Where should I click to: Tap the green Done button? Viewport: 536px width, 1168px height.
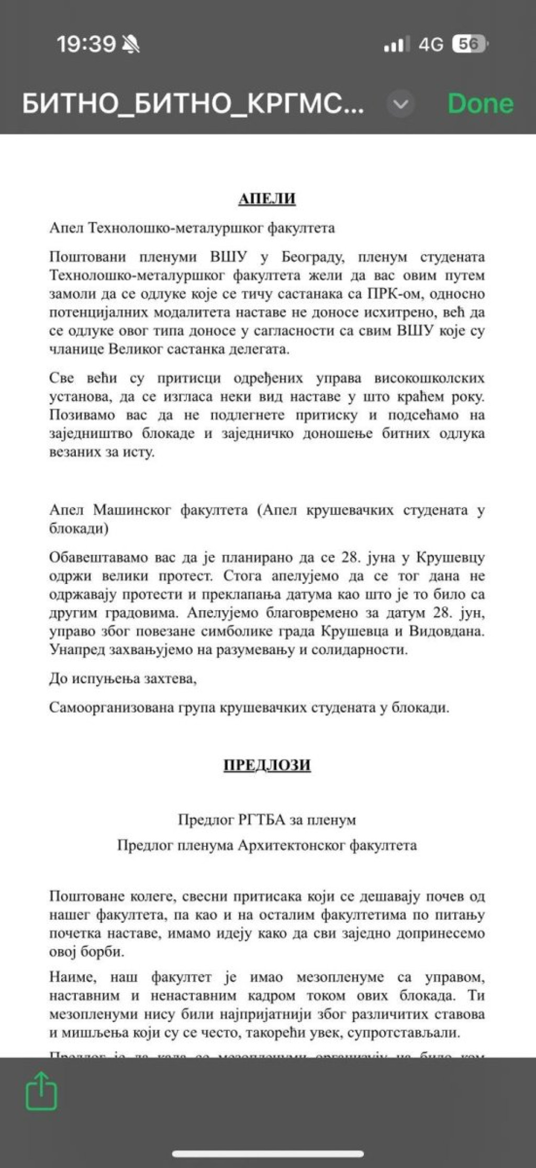(x=480, y=104)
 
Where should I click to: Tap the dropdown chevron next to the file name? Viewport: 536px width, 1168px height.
(x=400, y=104)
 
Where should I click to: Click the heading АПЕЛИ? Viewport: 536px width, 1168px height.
(x=267, y=199)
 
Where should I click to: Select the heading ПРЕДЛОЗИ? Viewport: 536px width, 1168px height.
(x=267, y=765)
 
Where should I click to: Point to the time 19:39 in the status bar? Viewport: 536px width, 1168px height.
(x=86, y=45)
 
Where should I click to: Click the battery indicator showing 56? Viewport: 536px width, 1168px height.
(x=470, y=45)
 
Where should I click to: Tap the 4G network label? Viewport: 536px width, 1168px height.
(x=430, y=45)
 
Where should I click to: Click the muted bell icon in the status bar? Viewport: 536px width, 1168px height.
(x=131, y=45)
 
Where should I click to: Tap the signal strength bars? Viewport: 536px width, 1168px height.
(x=394, y=46)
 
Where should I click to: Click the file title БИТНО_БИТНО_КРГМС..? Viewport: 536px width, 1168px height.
(x=193, y=104)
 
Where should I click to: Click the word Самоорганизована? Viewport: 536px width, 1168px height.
(x=112, y=708)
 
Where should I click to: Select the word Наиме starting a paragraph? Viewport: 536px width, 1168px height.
(x=72, y=977)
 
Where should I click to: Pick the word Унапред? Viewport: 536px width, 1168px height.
(x=76, y=650)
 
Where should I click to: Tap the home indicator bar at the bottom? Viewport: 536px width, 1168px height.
(x=268, y=1153)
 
